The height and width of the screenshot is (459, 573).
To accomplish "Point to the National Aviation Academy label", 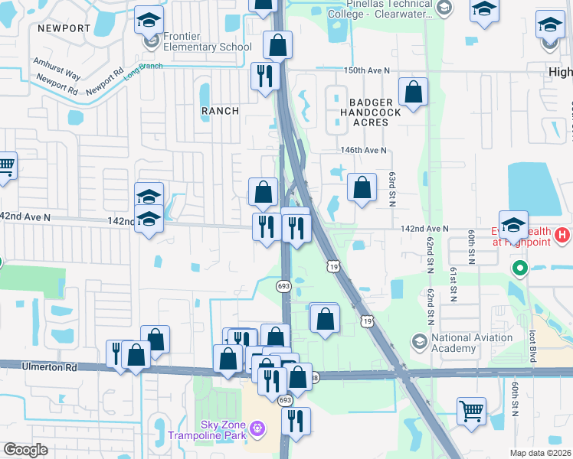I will point(472,343).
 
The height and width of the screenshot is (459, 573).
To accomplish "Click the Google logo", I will point(25,450).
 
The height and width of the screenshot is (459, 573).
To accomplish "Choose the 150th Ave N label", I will point(366,70).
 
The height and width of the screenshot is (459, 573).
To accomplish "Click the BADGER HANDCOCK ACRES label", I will point(371,112).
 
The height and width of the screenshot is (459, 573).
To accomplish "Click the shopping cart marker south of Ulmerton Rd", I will point(471,410).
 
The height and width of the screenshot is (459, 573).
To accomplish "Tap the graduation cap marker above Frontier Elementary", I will point(149,20).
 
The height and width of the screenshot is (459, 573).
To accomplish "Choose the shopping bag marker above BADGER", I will point(413,93).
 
